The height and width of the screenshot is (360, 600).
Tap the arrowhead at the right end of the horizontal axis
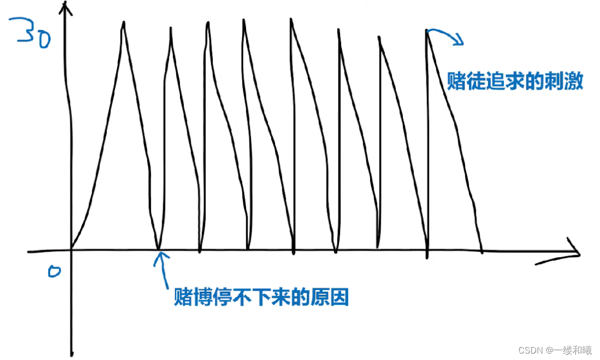(576, 252)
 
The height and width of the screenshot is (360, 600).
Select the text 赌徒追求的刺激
(515, 83)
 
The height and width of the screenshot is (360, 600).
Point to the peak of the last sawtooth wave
(426, 31)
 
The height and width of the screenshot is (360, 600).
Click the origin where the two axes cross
(70, 250)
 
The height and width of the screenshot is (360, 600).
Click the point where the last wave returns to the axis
(481, 251)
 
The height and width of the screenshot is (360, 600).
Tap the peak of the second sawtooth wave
(171, 28)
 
